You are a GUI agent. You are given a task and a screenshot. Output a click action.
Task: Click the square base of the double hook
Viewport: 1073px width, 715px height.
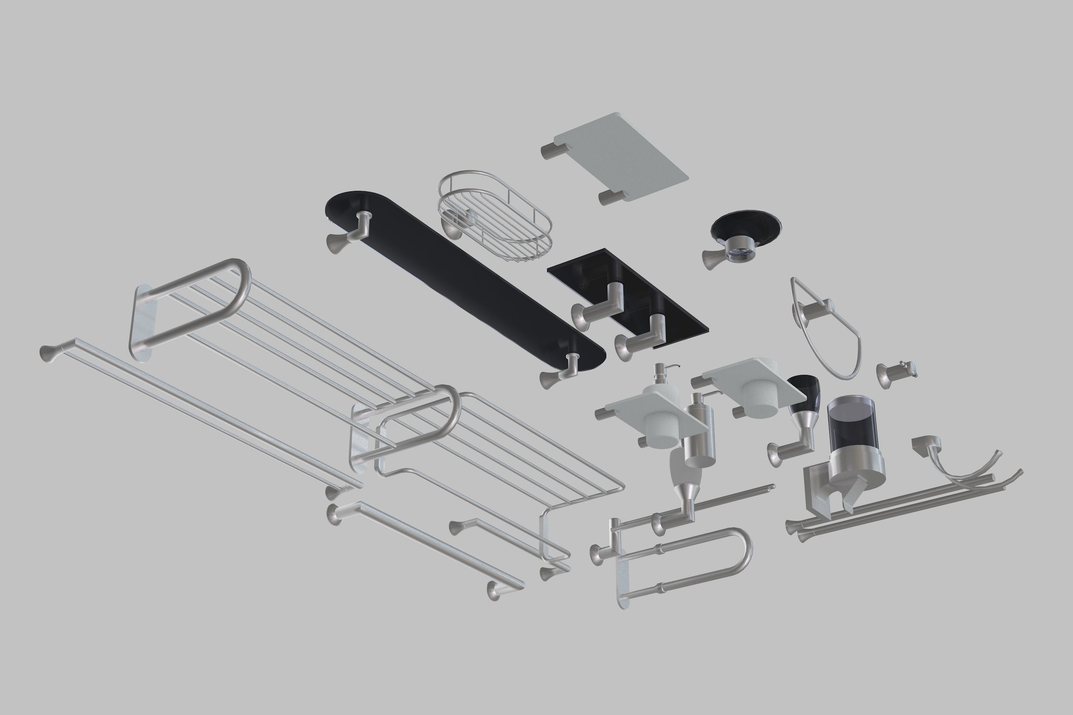[924, 445]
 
